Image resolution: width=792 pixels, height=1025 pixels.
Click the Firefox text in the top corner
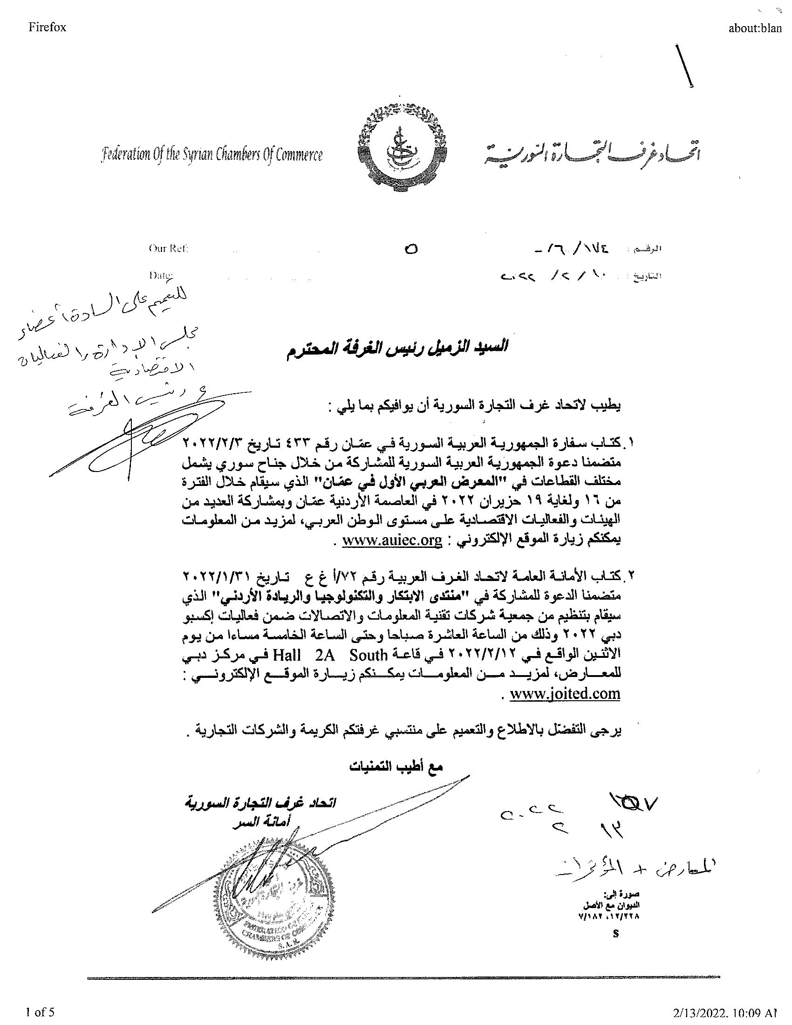[x=47, y=27]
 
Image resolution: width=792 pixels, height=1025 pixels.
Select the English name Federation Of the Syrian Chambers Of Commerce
[x=212, y=154]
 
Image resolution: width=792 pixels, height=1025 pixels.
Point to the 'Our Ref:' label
[x=168, y=248]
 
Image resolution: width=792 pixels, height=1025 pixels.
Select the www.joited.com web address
[x=565, y=693]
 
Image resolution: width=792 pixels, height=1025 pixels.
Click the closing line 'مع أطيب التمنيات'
[x=396, y=766]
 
